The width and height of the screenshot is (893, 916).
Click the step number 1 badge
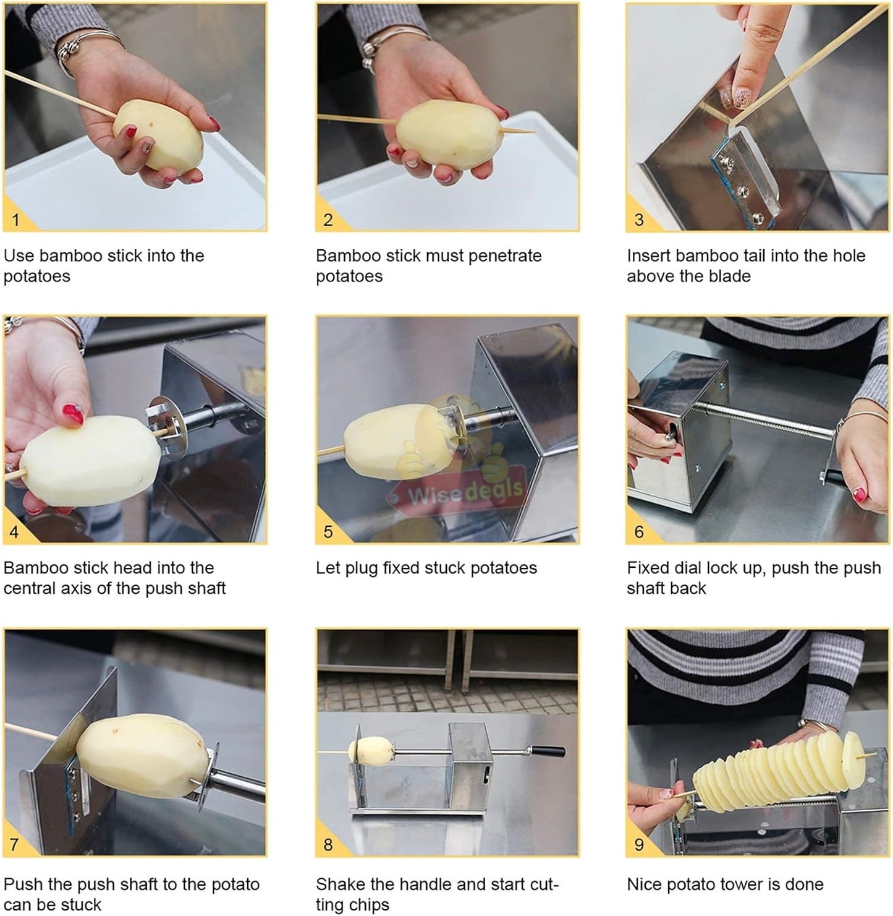[x=16, y=219]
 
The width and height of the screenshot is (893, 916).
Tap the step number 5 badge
[x=328, y=531]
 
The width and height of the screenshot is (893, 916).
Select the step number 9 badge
[x=639, y=844]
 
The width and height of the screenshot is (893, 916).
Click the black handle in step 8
[x=548, y=752]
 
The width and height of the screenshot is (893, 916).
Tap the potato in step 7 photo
[x=143, y=756]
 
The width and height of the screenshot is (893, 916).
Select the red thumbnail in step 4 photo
[x=73, y=414]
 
